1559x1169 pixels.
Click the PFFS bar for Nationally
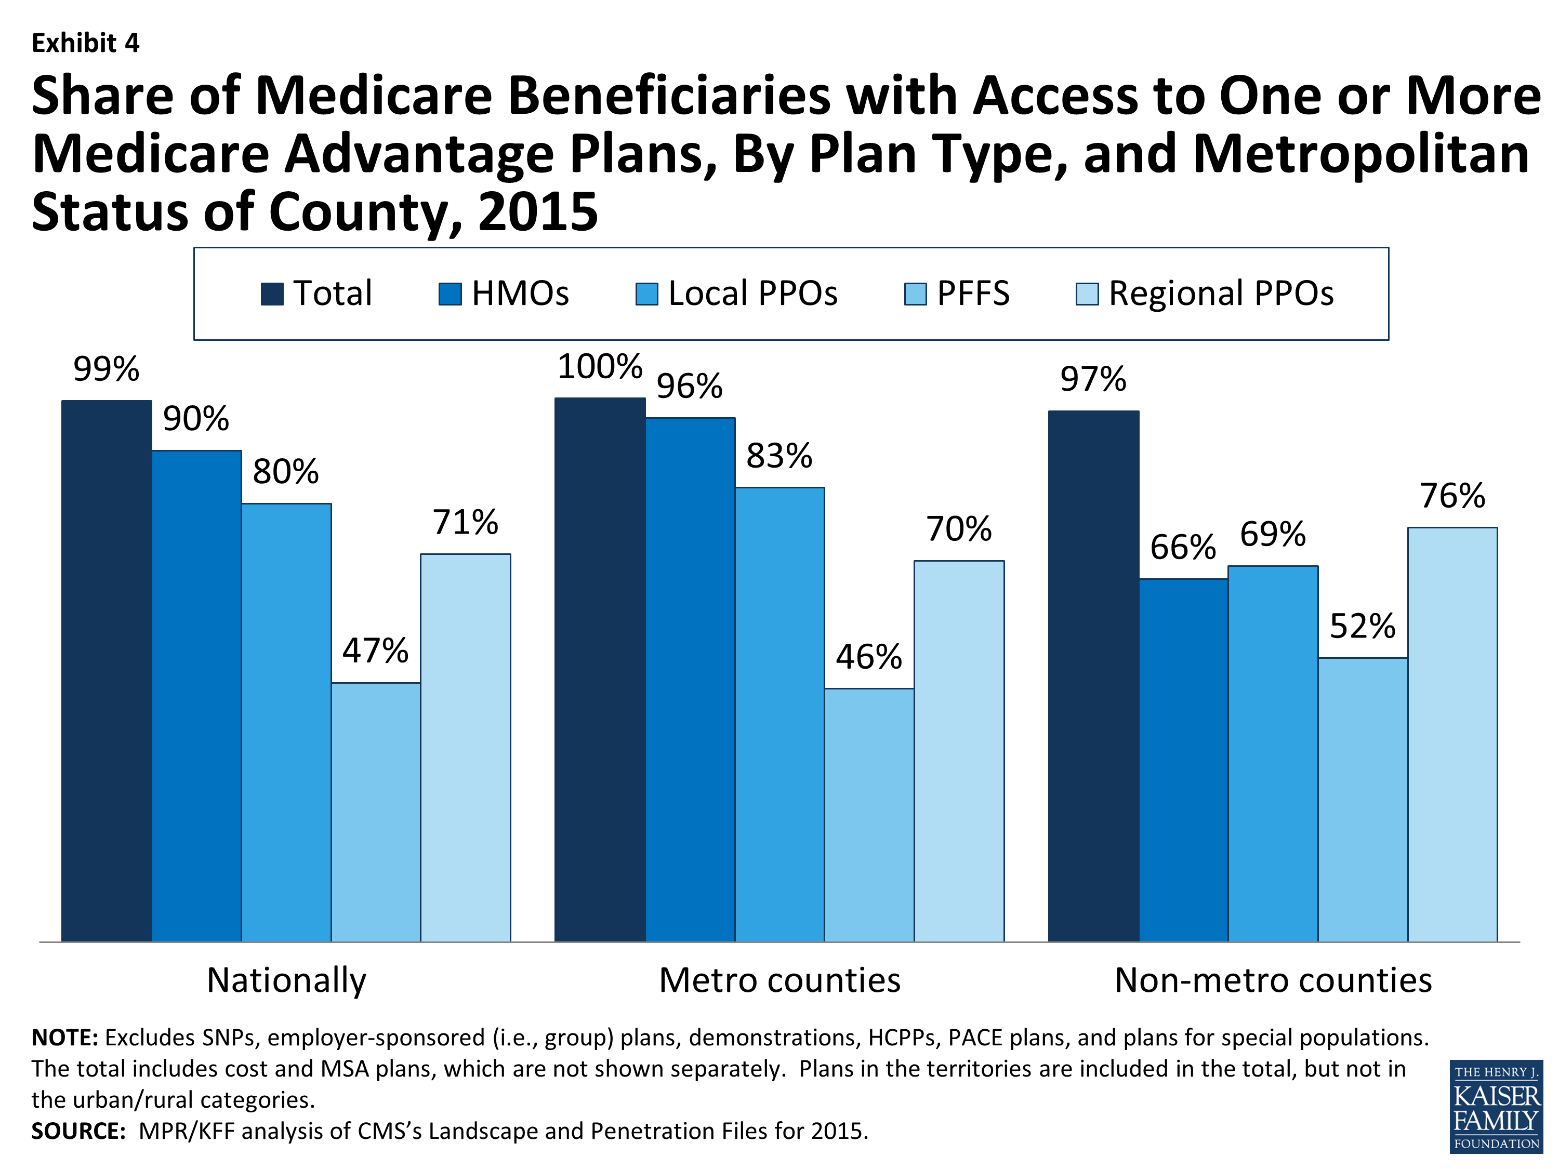(376, 812)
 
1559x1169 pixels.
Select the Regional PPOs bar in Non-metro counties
(1452, 734)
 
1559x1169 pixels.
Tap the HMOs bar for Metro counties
(690, 679)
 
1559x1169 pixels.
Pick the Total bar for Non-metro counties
(1093, 676)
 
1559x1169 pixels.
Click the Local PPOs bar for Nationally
(286, 722)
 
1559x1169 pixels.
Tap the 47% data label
(375, 651)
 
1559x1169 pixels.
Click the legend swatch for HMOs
(450, 294)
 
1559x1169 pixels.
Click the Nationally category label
(286, 980)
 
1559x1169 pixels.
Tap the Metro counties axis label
(780, 980)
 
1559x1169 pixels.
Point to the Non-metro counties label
(1273, 980)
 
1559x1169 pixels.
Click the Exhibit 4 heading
(85, 44)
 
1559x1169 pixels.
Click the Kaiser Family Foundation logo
(1496, 1106)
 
